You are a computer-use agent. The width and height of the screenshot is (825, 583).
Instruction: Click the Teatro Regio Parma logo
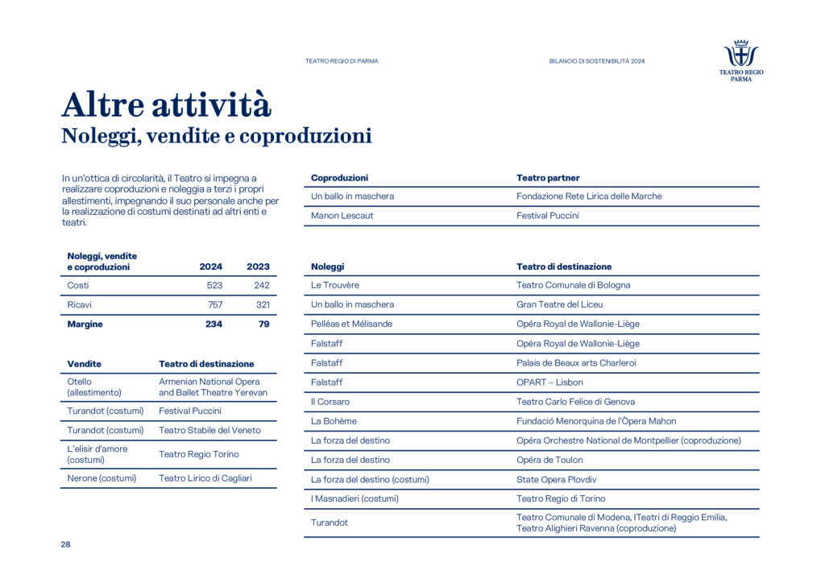(x=741, y=60)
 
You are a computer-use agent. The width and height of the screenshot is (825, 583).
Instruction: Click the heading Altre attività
(x=167, y=105)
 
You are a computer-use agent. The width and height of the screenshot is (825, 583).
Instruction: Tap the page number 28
(x=65, y=545)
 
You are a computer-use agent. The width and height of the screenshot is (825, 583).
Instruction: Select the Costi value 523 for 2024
(x=214, y=286)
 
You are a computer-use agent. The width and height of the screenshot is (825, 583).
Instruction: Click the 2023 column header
(x=258, y=267)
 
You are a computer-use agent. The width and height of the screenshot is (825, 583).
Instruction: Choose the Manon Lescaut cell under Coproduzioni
(x=342, y=216)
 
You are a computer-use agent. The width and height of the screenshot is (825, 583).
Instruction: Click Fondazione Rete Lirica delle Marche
(x=589, y=196)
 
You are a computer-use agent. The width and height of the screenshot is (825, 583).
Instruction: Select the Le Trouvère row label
(x=335, y=286)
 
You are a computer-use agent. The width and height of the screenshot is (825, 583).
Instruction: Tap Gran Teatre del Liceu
(x=559, y=305)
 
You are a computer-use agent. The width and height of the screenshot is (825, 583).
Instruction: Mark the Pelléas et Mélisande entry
(x=351, y=325)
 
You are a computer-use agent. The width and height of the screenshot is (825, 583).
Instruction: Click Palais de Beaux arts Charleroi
(x=576, y=363)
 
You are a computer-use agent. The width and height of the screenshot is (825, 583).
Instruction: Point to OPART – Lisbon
(x=549, y=382)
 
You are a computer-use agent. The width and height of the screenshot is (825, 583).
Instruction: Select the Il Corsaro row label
(x=330, y=402)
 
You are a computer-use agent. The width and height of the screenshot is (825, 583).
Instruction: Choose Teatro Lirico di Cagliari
(x=205, y=478)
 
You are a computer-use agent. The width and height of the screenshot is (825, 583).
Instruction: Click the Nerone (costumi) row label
(x=102, y=478)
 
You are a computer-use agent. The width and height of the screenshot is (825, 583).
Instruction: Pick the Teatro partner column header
(x=548, y=178)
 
